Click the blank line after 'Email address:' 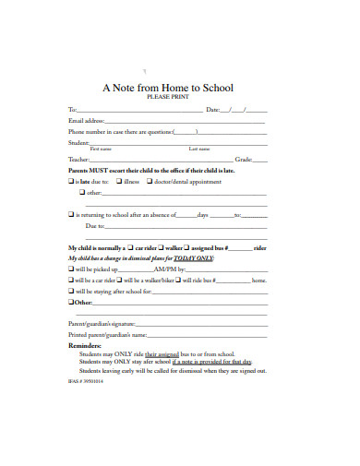click(x=186, y=121)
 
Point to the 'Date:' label click(x=212, y=110)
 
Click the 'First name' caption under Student click(x=101, y=149)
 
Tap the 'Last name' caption click(x=199, y=149)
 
